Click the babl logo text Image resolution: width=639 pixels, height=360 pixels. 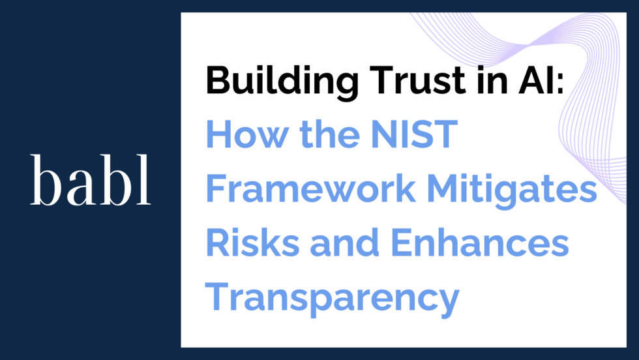(x=91, y=180)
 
